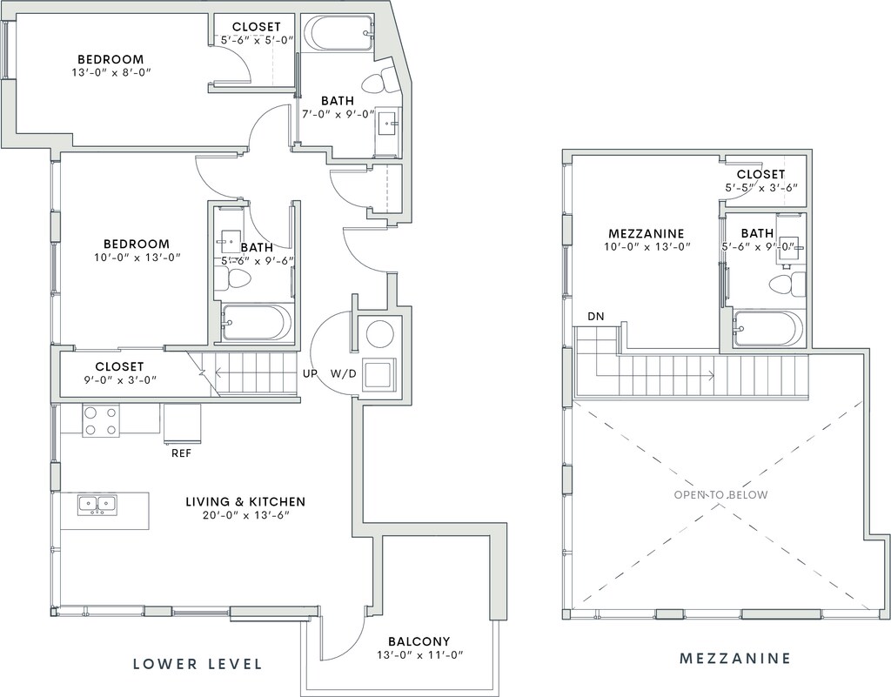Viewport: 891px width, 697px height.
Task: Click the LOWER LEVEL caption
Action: (198, 663)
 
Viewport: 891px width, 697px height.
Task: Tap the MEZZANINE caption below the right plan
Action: (734, 659)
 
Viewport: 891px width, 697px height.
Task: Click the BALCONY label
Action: (419, 641)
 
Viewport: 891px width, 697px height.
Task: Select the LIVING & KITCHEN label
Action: (245, 501)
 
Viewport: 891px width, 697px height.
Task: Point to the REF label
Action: (181, 453)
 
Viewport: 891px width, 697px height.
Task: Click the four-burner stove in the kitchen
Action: (100, 421)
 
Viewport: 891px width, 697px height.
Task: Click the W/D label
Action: (344, 374)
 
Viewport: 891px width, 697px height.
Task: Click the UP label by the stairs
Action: (310, 374)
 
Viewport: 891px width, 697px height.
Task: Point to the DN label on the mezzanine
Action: (596, 317)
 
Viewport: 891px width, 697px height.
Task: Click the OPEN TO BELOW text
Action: (720, 495)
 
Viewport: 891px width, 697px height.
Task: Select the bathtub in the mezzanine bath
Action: (767, 330)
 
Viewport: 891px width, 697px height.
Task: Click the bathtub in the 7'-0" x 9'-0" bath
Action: (337, 33)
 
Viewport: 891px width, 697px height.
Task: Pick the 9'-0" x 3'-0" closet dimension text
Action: (119, 379)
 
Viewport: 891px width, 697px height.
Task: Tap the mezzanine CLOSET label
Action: (760, 174)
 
